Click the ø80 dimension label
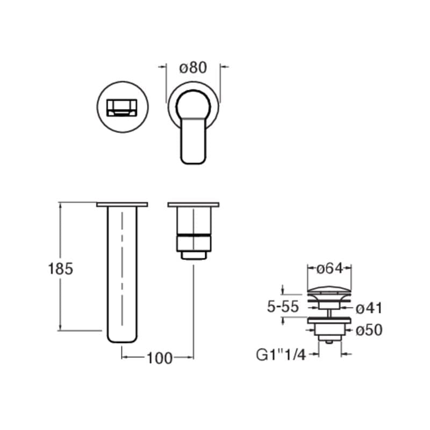click(x=193, y=68)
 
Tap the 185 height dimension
click(x=60, y=269)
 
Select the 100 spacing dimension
click(x=160, y=358)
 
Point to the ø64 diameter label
click(x=329, y=268)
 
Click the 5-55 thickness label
click(x=283, y=306)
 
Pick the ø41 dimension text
click(x=369, y=308)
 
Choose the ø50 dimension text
click(x=369, y=330)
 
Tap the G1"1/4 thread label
click(x=281, y=355)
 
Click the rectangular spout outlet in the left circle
click(x=122, y=107)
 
